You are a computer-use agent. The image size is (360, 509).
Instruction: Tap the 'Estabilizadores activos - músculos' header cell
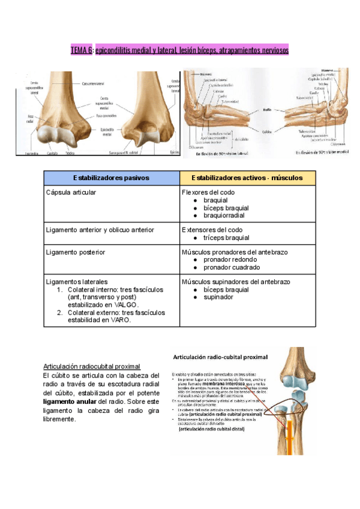pyautogui.click(x=247, y=178)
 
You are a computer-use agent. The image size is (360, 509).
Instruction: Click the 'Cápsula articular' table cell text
pyautogui.click(x=71, y=193)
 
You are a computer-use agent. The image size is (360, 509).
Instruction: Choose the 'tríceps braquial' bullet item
pyautogui.click(x=226, y=238)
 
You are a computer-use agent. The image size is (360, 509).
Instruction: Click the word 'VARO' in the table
pyautogui.click(x=120, y=320)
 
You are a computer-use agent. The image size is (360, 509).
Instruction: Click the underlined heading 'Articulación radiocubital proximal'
pyautogui.click(x=92, y=366)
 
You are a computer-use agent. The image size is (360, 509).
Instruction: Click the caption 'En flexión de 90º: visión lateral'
pyautogui.click(x=224, y=152)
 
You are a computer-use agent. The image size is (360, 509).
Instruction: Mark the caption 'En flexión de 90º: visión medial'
pyautogui.click(x=321, y=152)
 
